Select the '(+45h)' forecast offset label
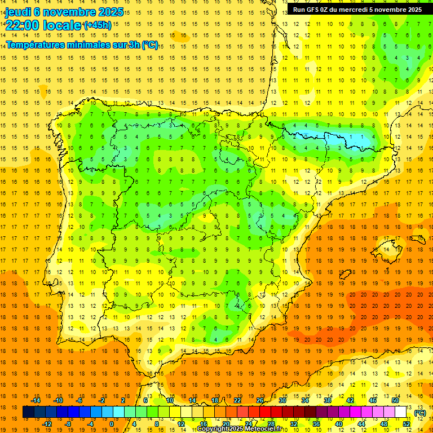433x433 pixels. pyautogui.click(x=98, y=25)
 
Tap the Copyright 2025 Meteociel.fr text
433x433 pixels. pyautogui.click(x=239, y=429)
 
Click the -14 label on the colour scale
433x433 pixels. pyautogui.click(x=36, y=400)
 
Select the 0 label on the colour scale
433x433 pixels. pyautogui.click(x=111, y=424)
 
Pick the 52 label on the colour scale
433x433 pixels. pyautogui.click(x=407, y=424)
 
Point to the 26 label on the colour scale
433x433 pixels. pyautogui.click(x=260, y=400)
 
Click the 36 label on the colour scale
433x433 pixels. pyautogui.click(x=316, y=424)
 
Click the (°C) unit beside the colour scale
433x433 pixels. pyautogui.click(x=420, y=413)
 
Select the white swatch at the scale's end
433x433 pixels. pyautogui.click(x=401, y=412)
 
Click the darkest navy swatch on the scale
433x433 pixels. pyautogui.click(x=28, y=412)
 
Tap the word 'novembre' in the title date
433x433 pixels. pyautogui.click(x=69, y=12)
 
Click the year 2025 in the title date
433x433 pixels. pyautogui.click(x=111, y=12)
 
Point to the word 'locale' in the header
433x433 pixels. pyautogui.click(x=61, y=25)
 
